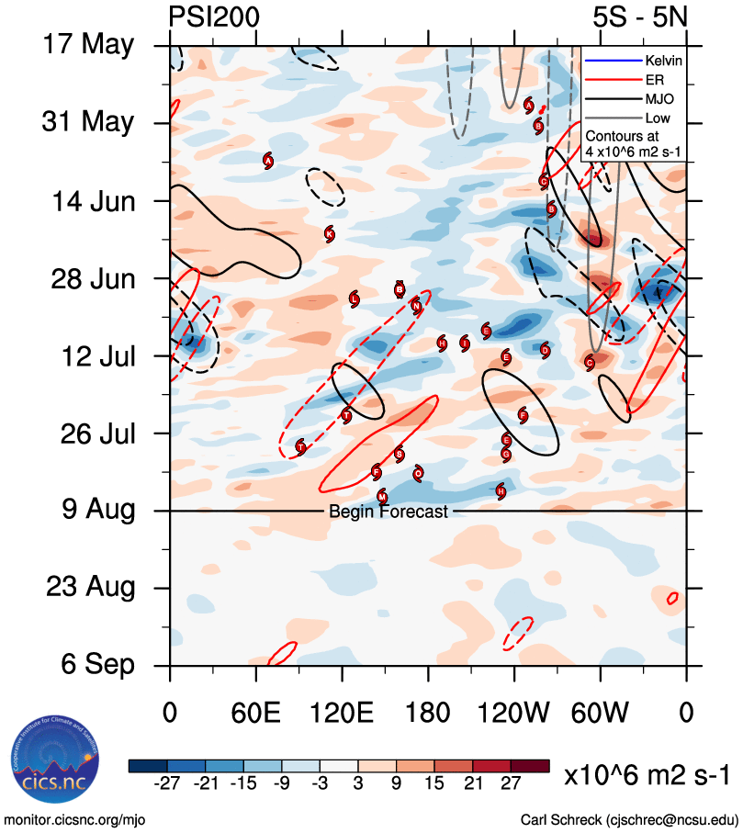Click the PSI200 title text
214,17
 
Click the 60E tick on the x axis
255,713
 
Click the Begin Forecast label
388,512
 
